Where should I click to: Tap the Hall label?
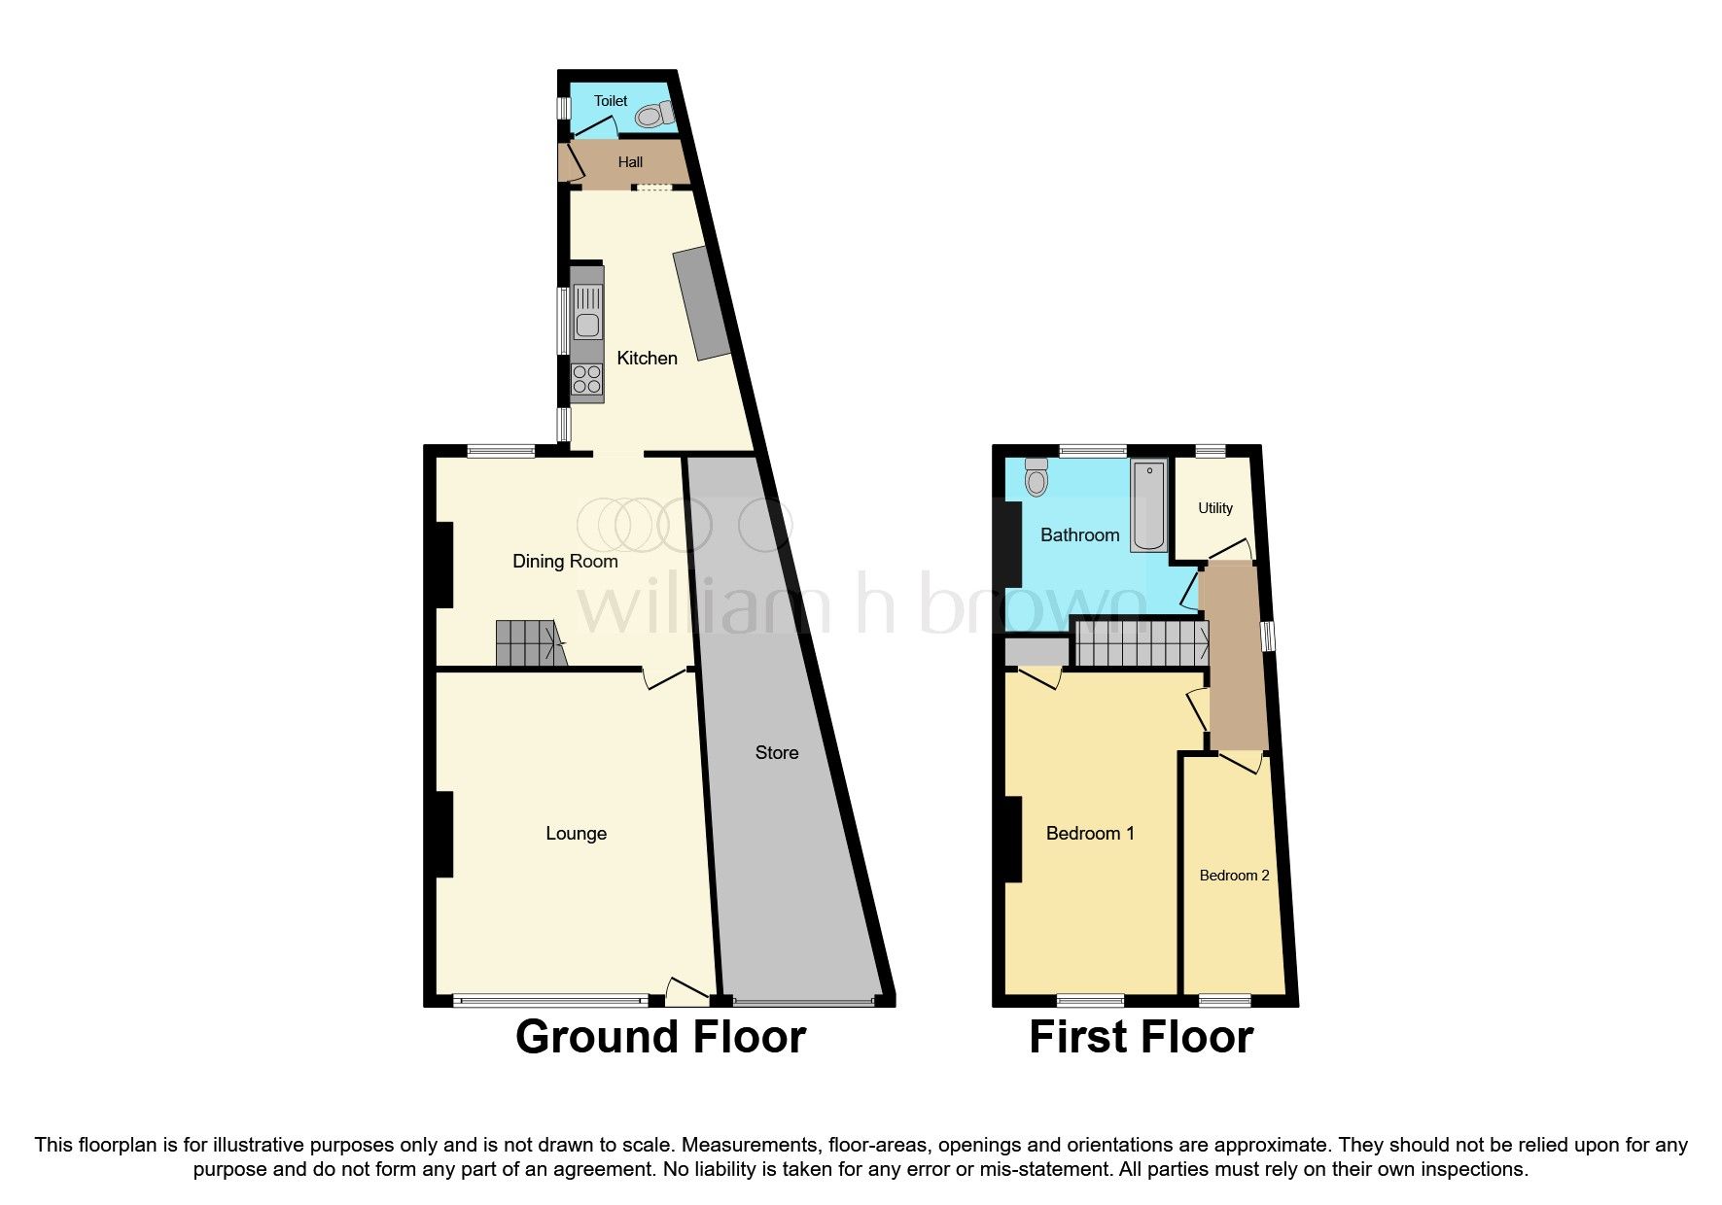(630, 162)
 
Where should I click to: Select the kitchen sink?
(588, 312)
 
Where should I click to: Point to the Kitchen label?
(647, 359)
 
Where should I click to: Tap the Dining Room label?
(565, 562)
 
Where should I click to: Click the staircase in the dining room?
(528, 644)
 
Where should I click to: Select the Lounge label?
(576, 834)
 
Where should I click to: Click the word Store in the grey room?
(777, 753)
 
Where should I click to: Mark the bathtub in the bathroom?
(1148, 506)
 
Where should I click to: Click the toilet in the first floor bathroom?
(1037, 477)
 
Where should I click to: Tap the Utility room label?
(1214, 508)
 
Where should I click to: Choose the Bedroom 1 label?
(1089, 834)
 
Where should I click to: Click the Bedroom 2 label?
(1234, 876)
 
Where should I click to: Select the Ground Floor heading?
(660, 1037)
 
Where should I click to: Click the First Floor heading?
(1141, 1037)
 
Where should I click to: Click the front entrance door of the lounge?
(687, 992)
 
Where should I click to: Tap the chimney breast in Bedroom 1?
(1012, 839)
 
